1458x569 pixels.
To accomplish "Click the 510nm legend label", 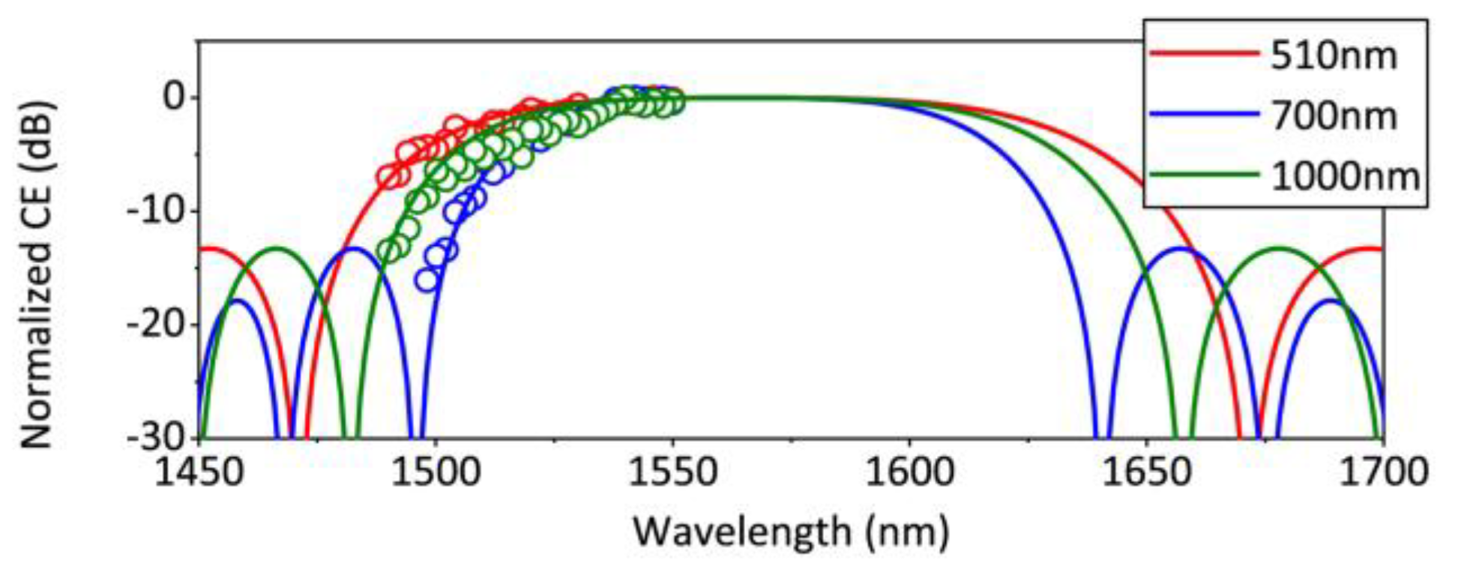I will click(x=1334, y=56).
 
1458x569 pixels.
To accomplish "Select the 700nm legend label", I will click(x=1334, y=116).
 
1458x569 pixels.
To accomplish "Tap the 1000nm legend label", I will click(x=1345, y=176).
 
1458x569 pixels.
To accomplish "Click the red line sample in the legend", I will click(x=1204, y=53).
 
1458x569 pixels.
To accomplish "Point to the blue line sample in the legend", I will click(x=1204, y=114).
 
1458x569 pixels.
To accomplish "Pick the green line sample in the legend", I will click(x=1204, y=175).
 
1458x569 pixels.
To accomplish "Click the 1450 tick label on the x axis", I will click(x=199, y=473).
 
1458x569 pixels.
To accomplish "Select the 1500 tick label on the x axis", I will click(x=436, y=473).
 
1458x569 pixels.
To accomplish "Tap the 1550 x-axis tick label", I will click(x=672, y=473).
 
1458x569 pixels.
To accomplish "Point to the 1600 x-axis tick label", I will click(x=909, y=473).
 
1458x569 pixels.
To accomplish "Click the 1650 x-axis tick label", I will click(x=1146, y=473).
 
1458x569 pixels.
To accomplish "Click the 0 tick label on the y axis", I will click(x=174, y=97).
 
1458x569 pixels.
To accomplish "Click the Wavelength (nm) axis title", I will click(x=791, y=532).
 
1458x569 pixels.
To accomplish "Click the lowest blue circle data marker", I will click(x=427, y=280).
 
